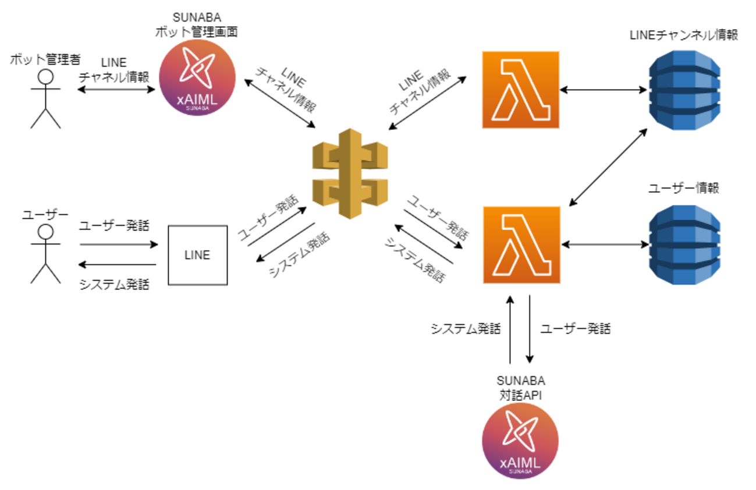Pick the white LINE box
click(197, 254)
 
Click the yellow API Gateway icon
click(350, 174)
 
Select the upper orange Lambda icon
click(520, 90)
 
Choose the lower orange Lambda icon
click(521, 244)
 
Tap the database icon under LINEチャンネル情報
click(684, 91)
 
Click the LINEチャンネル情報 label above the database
click(684, 35)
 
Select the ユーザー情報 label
click(684, 189)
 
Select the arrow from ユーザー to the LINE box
click(119, 244)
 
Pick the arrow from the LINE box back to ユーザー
click(119, 265)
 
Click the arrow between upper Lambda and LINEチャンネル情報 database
click(604, 90)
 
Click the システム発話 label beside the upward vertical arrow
click(466, 328)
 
